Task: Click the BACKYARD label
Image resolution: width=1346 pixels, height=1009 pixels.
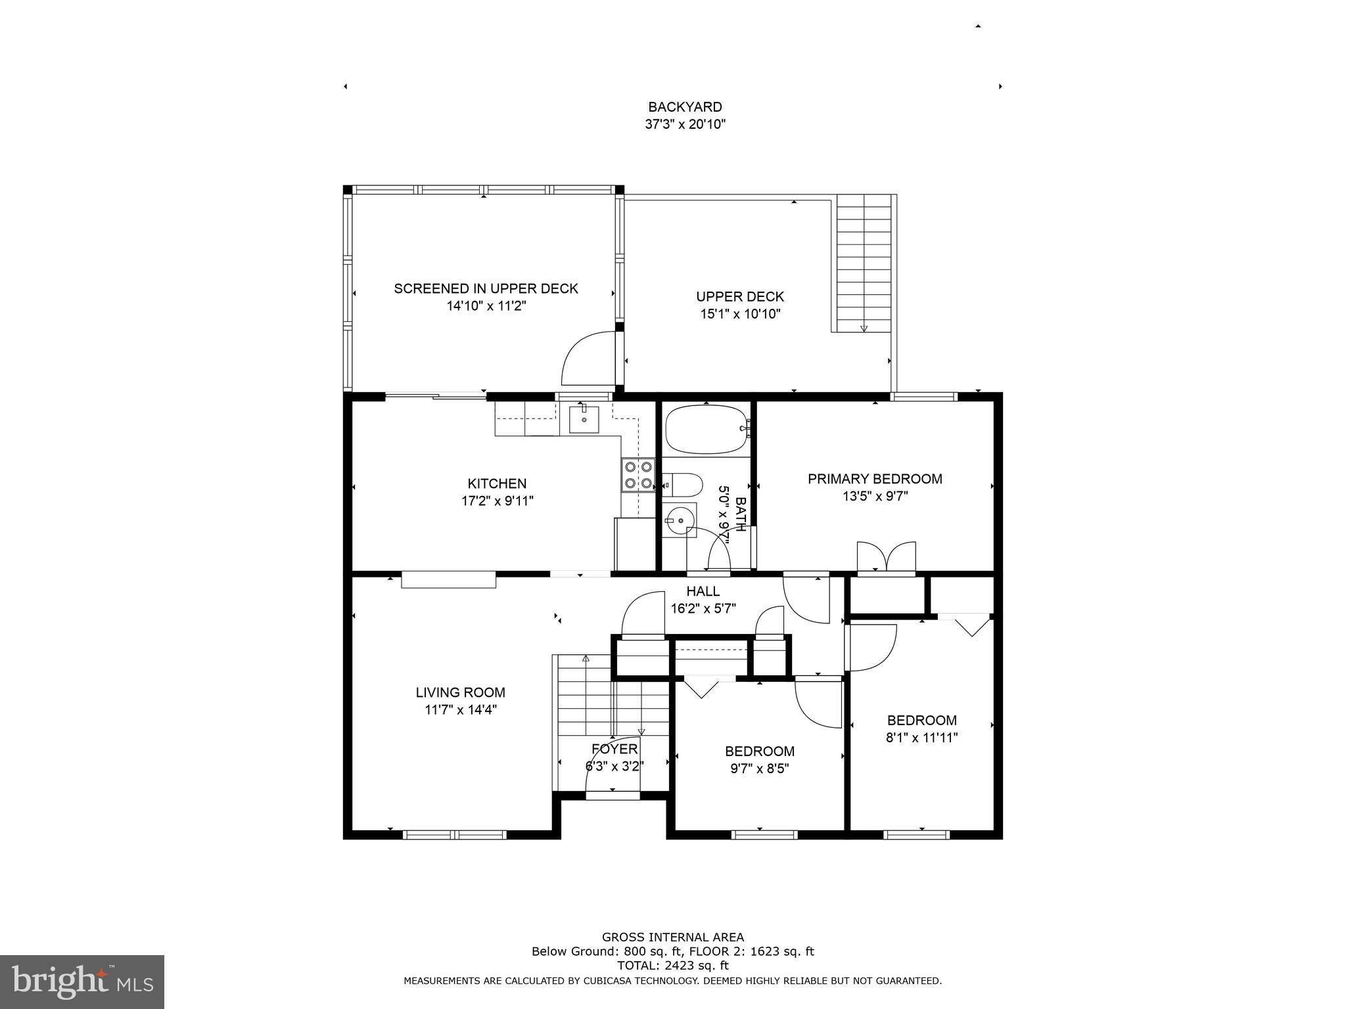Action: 685,107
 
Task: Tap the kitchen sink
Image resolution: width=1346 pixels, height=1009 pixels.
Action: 584,419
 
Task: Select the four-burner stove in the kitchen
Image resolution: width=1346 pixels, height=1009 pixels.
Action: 638,475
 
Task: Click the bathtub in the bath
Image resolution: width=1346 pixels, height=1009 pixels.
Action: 707,430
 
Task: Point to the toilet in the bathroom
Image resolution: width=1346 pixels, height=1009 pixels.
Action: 681,485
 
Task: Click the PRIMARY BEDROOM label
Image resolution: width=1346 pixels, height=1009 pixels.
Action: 875,479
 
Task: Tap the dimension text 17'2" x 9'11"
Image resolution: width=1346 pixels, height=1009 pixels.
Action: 497,501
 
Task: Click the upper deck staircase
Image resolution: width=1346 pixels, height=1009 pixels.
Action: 863,263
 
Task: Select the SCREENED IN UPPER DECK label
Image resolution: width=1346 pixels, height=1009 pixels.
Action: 486,288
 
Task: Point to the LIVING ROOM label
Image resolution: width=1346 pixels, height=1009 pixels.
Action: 460,692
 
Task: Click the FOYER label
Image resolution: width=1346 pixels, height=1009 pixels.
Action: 615,749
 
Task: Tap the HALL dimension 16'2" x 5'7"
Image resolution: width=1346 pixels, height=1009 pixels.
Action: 703,608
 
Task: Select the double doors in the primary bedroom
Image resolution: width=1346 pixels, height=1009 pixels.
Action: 886,558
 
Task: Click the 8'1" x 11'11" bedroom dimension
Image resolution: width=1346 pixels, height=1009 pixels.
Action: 921,738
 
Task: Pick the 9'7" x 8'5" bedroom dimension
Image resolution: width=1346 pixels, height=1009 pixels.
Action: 759,769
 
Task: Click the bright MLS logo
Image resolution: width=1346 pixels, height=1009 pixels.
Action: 81,982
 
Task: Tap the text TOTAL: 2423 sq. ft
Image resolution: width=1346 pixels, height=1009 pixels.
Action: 672,966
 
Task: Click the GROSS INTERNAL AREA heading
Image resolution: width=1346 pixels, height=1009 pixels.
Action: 672,937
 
